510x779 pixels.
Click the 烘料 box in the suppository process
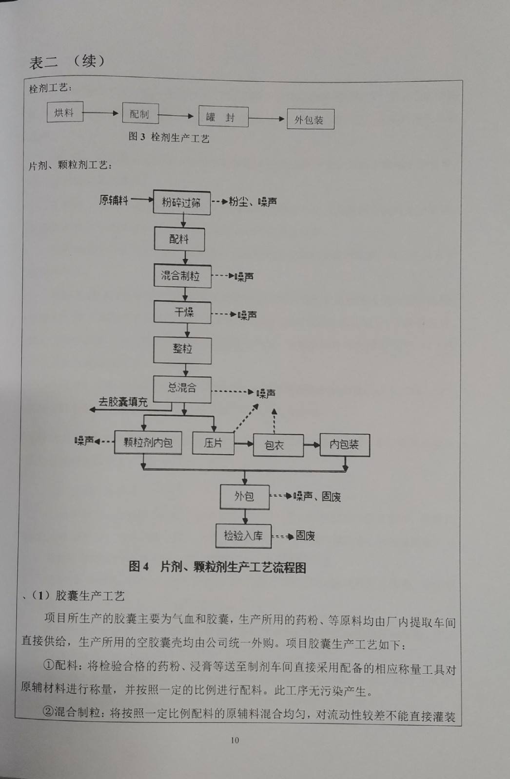pos(65,111)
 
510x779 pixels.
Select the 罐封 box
pos(223,116)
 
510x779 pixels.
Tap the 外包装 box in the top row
pos(311,119)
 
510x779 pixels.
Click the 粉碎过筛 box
pos(182,203)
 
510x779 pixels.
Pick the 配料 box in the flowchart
pos(179,239)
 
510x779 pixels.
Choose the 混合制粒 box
pos(182,276)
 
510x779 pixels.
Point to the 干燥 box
pos(182,312)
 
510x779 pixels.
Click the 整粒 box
pos(182,351)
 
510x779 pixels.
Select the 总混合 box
pos(182,389)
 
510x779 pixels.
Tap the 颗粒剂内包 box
pos(148,443)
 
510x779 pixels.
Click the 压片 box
pos(213,443)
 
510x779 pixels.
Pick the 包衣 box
pos(278,445)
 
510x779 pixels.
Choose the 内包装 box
pos(345,445)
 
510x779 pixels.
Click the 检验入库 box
pos(243,536)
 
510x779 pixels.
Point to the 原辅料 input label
pos(114,200)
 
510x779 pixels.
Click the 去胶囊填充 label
pos(123,402)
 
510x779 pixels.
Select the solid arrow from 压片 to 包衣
pos(244,444)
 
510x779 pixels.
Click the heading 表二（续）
pos(67,62)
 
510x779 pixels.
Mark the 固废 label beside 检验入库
pos(305,536)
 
